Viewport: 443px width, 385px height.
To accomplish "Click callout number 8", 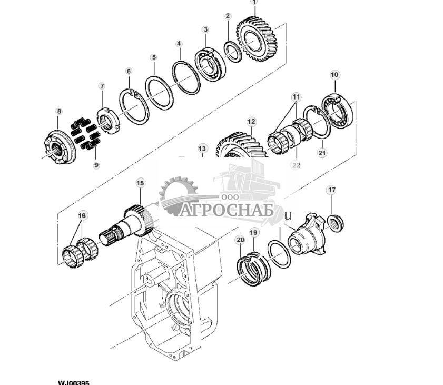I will click(59, 111).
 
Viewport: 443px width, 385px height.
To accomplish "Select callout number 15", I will click(140, 183).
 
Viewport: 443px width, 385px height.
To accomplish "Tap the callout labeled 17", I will click(331, 190).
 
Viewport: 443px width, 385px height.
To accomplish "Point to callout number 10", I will click(334, 75).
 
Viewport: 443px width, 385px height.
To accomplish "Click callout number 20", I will click(240, 240).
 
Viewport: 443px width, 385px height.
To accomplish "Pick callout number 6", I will click(129, 71).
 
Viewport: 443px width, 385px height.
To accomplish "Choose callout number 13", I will click(202, 149).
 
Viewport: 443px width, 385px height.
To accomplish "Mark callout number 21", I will click(322, 153).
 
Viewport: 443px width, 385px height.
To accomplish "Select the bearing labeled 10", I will click(338, 112).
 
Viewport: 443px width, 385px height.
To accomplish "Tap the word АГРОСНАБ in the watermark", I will click(227, 210).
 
